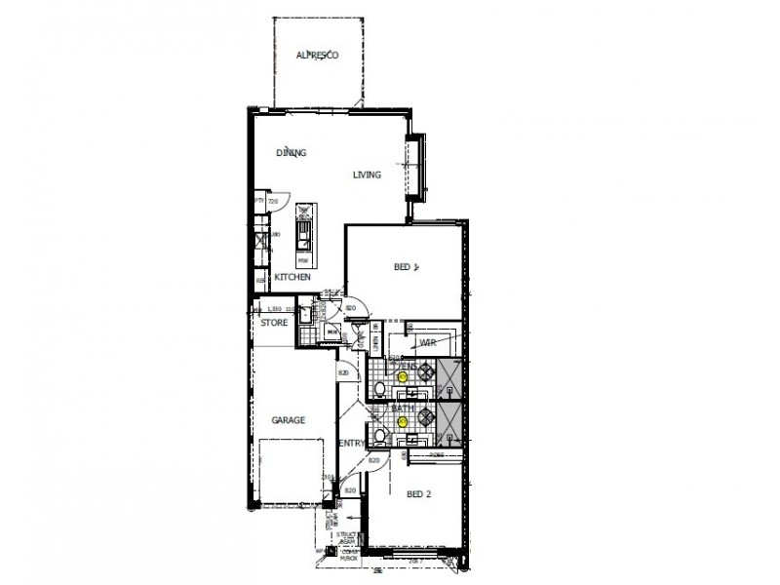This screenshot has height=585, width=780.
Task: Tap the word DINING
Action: pyautogui.click(x=292, y=153)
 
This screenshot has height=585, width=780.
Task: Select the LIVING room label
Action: pyautogui.click(x=367, y=175)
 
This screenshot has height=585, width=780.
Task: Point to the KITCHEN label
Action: pyautogui.click(x=292, y=278)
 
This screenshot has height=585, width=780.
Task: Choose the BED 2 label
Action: pyautogui.click(x=418, y=494)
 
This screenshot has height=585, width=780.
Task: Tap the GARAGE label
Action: pyautogui.click(x=289, y=420)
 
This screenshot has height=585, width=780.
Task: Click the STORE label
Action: pyautogui.click(x=274, y=322)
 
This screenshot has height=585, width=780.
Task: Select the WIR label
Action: pyautogui.click(x=427, y=343)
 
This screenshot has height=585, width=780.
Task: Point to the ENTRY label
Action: pyautogui.click(x=351, y=444)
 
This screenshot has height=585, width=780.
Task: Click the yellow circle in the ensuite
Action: pyautogui.click(x=402, y=375)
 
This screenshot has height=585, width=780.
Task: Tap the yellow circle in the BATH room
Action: pyautogui.click(x=402, y=422)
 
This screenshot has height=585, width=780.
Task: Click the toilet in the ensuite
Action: pyautogui.click(x=378, y=388)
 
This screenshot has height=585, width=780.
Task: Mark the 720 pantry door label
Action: pyautogui.click(x=273, y=202)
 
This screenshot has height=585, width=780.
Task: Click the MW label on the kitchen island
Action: pyautogui.click(x=304, y=260)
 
